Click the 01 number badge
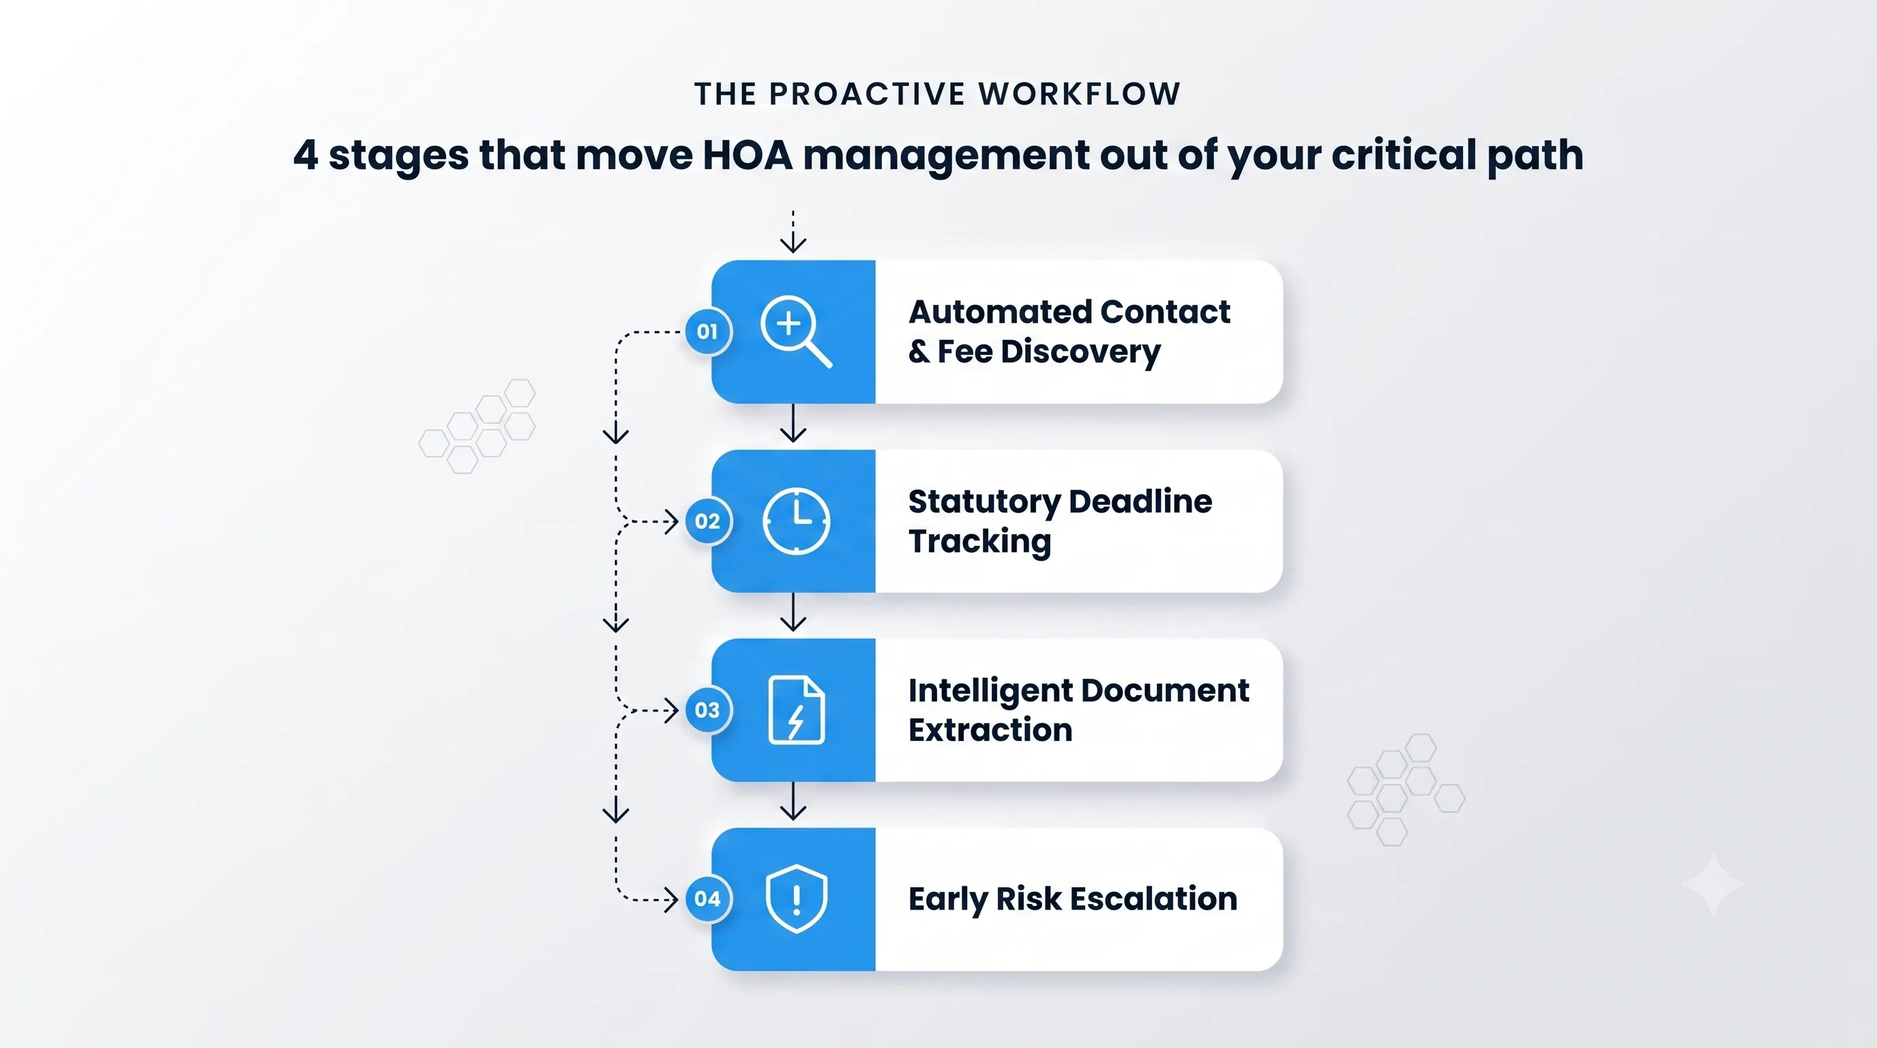[707, 332]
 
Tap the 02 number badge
[707, 521]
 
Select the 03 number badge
[707, 710]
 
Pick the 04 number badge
[707, 899]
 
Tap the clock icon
[796, 521]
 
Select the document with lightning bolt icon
[797, 710]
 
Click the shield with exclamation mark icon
[797, 899]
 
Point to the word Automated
[1000, 312]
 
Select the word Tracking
[980, 542]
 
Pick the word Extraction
[990, 730]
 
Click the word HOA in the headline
[747, 156]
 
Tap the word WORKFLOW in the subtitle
[1079, 94]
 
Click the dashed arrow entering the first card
[793, 232]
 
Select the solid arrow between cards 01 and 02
[793, 423]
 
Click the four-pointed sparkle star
[1713, 884]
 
